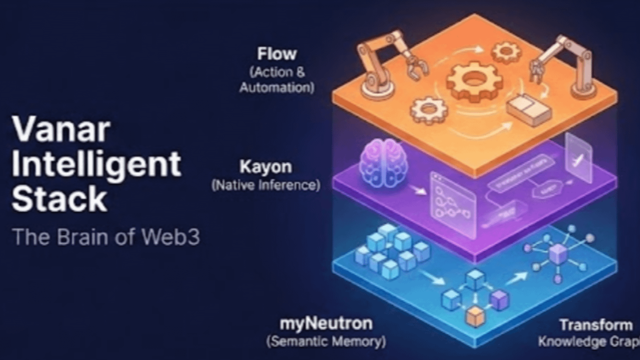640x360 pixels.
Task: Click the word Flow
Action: coord(276,53)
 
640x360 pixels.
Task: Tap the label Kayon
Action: coord(265,166)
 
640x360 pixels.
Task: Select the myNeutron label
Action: coord(326,323)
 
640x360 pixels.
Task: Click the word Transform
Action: coord(595,325)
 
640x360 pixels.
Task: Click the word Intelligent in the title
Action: coord(96,164)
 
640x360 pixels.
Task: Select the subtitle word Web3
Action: coord(172,237)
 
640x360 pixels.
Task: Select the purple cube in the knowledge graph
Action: coord(558,254)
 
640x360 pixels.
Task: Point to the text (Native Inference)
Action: coord(265,185)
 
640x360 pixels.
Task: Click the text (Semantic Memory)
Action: coord(326,342)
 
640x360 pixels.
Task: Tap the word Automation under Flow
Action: coord(276,88)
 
